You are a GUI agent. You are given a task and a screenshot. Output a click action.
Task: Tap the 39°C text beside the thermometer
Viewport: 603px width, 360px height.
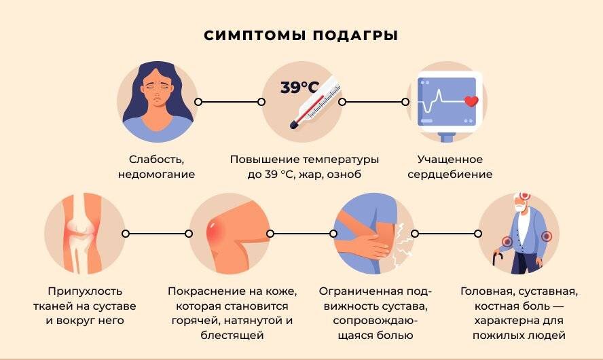click(299, 88)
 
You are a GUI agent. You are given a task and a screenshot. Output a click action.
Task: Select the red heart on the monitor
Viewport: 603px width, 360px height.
click(470, 102)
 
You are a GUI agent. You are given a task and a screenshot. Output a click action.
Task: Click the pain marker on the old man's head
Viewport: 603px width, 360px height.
click(524, 196)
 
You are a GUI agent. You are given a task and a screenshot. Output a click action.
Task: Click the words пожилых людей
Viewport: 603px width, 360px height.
click(520, 336)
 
